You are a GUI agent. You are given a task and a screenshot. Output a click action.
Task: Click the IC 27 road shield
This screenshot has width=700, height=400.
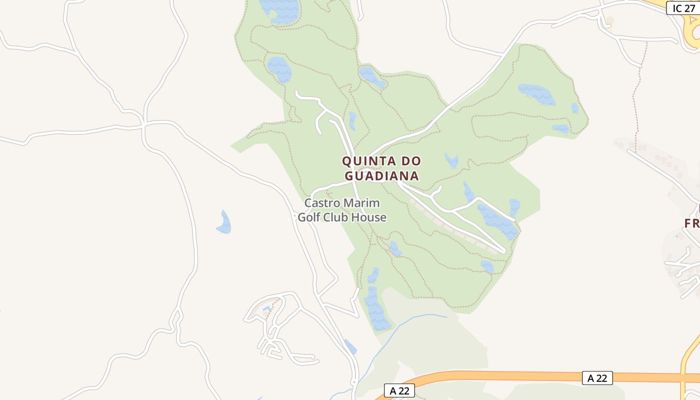point(683,8)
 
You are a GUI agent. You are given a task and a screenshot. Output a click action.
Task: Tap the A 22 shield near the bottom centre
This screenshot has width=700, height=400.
point(399,390)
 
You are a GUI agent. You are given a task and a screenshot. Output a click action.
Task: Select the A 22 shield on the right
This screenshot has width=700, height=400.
point(597,378)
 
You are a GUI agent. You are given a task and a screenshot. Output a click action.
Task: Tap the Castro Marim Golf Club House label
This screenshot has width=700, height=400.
point(342,210)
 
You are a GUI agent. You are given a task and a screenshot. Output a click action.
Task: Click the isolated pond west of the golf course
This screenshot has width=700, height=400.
point(224,223)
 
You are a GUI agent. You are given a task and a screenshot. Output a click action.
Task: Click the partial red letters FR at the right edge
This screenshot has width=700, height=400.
point(692,222)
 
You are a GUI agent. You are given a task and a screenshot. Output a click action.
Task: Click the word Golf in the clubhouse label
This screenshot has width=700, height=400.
point(309,217)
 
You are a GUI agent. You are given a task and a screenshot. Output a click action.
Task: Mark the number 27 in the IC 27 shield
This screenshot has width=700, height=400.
point(690,8)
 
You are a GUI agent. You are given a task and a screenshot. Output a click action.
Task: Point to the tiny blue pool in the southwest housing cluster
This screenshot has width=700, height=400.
point(266,309)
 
